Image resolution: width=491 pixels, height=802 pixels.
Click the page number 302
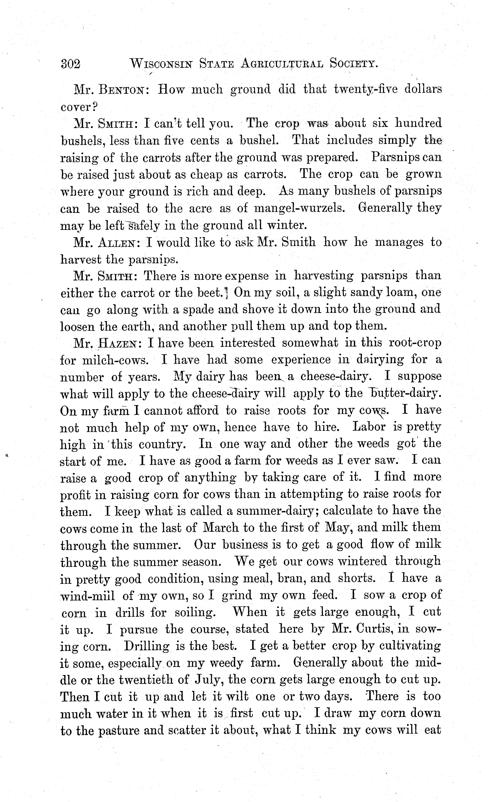[x=70, y=64]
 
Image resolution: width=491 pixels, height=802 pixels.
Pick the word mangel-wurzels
[x=299, y=208]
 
